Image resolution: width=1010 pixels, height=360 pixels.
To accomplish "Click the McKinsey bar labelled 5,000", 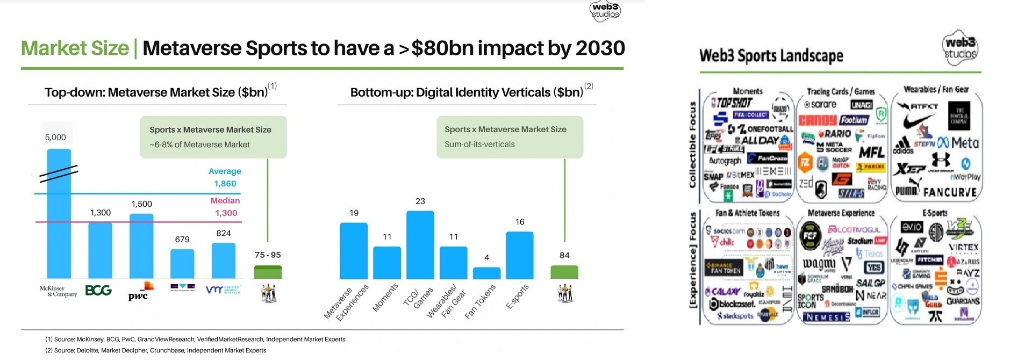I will tap(59, 215).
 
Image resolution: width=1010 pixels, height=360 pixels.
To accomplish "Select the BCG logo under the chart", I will tap(99, 291).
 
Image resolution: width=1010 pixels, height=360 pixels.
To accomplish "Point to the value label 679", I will tap(182, 240).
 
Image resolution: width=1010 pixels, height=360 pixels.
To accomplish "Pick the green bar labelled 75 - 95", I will tap(268, 272).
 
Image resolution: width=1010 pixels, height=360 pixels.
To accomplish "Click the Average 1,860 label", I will tap(225, 177).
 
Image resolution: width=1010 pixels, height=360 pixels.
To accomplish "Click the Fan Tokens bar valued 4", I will tap(486, 273).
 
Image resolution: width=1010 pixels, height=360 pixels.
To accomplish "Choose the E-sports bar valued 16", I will tap(520, 255).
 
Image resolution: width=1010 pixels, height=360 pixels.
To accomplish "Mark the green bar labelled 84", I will tap(564, 272).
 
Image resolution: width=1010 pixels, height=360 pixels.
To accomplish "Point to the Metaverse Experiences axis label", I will tap(347, 303).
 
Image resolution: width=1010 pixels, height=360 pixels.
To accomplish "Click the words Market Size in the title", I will tap(75, 48).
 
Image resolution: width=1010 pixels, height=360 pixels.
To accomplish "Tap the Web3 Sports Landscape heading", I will tap(771, 56).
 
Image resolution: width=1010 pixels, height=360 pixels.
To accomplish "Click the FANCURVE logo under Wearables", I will tap(950, 192).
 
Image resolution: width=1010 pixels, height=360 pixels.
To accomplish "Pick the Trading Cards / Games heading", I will tap(841, 92).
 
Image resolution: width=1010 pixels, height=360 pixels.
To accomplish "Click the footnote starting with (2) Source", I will tap(156, 350).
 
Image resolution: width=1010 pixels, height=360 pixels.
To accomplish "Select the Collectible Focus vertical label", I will tap(693, 145).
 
